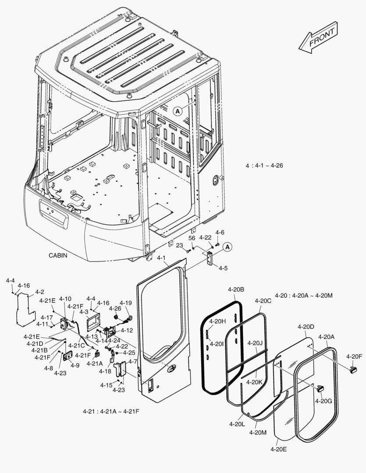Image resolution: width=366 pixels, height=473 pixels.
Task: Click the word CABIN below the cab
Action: pyautogui.click(x=58, y=255)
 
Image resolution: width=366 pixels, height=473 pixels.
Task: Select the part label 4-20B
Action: pyautogui.click(x=236, y=289)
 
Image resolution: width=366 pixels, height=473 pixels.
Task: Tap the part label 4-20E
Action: pyautogui.click(x=278, y=449)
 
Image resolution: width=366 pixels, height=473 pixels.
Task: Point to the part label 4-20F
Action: pyautogui.click(x=354, y=357)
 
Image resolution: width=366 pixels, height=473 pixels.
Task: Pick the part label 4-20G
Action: pyautogui.click(x=323, y=401)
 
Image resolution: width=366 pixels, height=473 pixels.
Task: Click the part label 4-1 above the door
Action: pyautogui.click(x=161, y=258)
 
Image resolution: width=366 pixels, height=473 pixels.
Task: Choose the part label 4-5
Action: pyautogui.click(x=223, y=268)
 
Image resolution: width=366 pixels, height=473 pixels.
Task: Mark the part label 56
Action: pyautogui.click(x=192, y=237)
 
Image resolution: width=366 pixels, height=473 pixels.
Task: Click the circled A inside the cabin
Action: pyautogui.click(x=178, y=111)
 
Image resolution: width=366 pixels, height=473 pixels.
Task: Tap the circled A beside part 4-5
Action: pyautogui.click(x=227, y=247)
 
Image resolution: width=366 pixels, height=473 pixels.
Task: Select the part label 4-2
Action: pyautogui.click(x=39, y=292)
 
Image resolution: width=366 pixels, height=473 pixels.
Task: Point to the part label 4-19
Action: pyautogui.click(x=125, y=303)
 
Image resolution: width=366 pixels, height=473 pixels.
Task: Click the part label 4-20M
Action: pyautogui.click(x=258, y=432)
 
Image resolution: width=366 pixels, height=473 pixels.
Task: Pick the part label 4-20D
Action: pyautogui.click(x=306, y=327)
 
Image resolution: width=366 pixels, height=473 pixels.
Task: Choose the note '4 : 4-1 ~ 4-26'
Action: pyautogui.click(x=265, y=166)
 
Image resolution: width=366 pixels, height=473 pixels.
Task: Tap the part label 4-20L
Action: pyautogui.click(x=237, y=424)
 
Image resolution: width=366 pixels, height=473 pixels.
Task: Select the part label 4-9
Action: pyautogui.click(x=75, y=365)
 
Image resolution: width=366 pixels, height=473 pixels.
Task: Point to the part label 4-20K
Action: pyautogui.click(x=254, y=382)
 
